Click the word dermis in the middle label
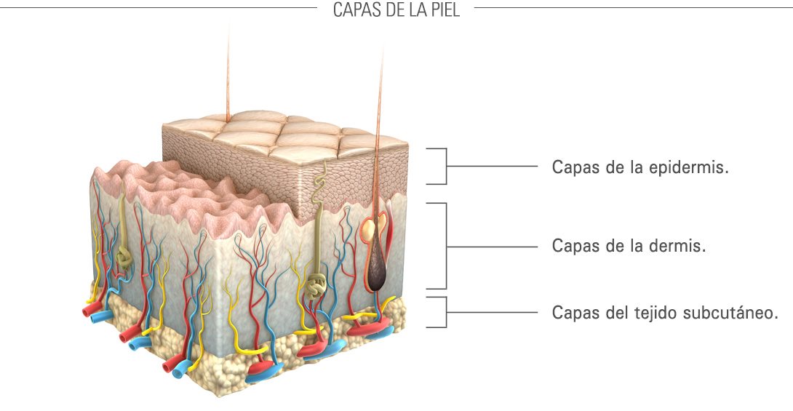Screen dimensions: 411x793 (680, 246)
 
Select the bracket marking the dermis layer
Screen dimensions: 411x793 (439, 246)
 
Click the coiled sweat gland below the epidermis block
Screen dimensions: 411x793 (316, 285)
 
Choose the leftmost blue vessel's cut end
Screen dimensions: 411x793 (97, 318)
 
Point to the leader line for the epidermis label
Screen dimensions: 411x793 (491, 166)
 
